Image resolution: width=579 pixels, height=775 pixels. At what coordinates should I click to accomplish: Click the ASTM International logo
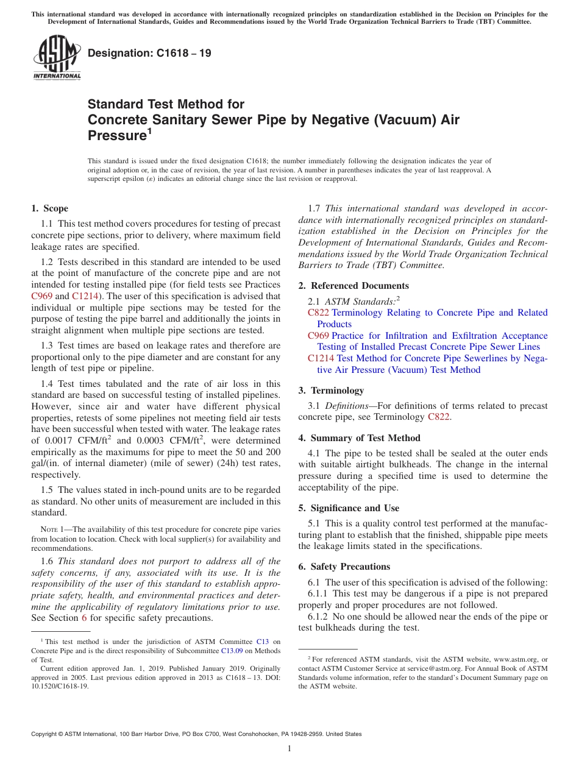pos(57,58)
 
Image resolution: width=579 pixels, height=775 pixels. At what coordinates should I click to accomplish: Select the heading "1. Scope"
pos(50,208)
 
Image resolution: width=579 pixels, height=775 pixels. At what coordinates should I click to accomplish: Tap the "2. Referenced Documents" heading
pos(353,286)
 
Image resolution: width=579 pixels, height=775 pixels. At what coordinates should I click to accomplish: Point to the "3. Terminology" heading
pos(331,391)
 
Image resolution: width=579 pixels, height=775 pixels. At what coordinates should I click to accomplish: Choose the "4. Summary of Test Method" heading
pos(359,438)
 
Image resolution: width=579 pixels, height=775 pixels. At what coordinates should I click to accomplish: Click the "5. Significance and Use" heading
pos(349,508)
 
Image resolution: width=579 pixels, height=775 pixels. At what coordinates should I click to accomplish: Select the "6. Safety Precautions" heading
pos(344,567)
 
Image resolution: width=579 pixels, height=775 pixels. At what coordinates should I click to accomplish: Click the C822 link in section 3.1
pos(439,417)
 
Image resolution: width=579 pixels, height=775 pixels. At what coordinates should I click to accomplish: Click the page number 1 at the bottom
pos(289,749)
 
